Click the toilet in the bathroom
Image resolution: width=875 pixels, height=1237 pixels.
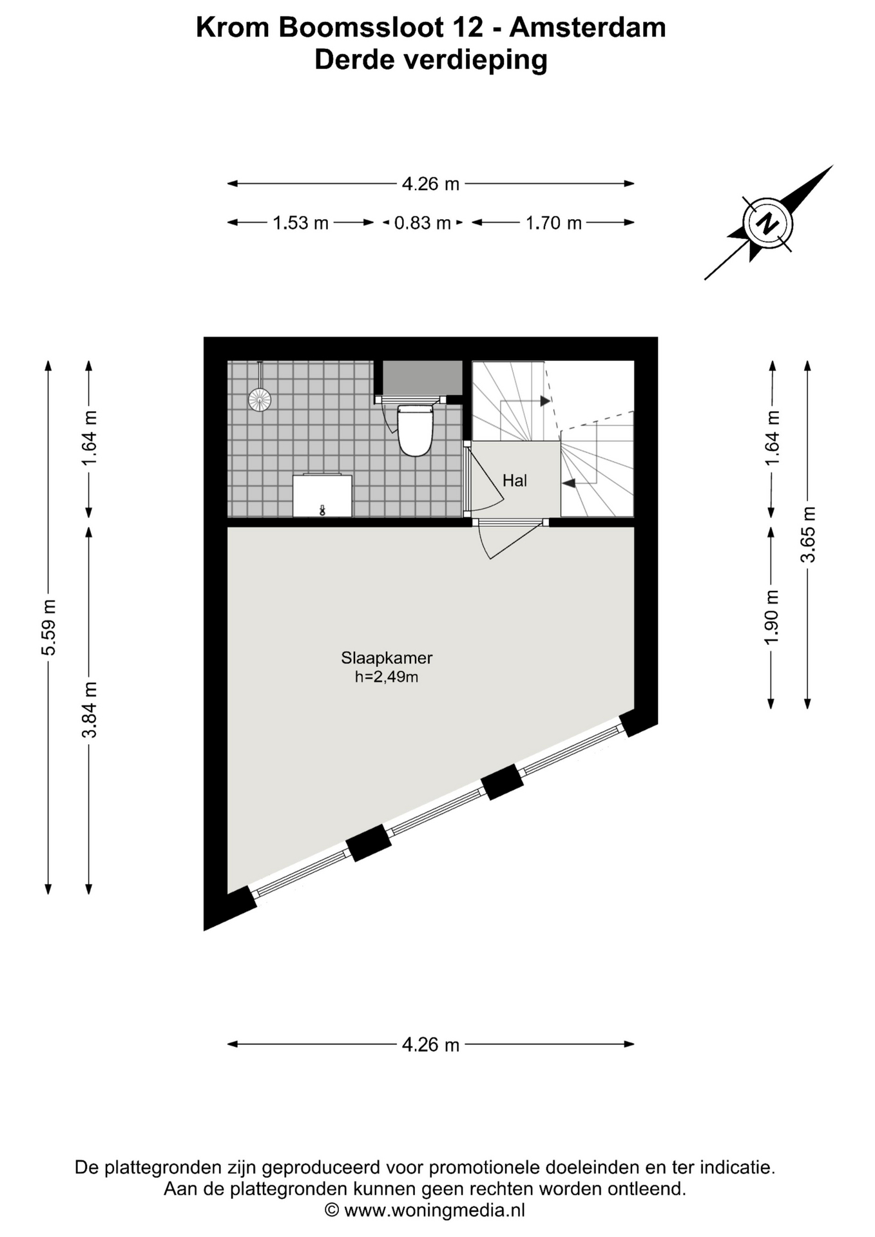tap(415, 430)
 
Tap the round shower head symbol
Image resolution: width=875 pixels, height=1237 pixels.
tap(260, 399)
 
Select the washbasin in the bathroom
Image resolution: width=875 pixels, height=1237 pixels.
tap(322, 495)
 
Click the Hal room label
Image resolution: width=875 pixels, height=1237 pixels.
tap(515, 481)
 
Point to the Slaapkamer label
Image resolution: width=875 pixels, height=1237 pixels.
tap(387, 658)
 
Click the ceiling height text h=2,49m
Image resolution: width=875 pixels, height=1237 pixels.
tap(387, 676)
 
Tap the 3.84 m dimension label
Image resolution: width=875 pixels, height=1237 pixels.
tap(90, 709)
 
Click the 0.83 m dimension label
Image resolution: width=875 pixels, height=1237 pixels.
tap(423, 223)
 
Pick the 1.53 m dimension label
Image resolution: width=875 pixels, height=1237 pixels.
tap(301, 223)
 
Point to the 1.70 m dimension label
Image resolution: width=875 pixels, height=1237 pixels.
tap(553, 223)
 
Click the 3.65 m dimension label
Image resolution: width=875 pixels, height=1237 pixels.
tap(808, 534)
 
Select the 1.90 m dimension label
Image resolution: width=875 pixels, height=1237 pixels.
tap(772, 617)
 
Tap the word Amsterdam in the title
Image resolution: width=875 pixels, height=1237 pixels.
tap(588, 28)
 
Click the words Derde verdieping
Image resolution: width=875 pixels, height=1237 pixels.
tap(431, 60)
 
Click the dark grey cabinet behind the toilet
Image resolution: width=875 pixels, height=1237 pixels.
tap(422, 378)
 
